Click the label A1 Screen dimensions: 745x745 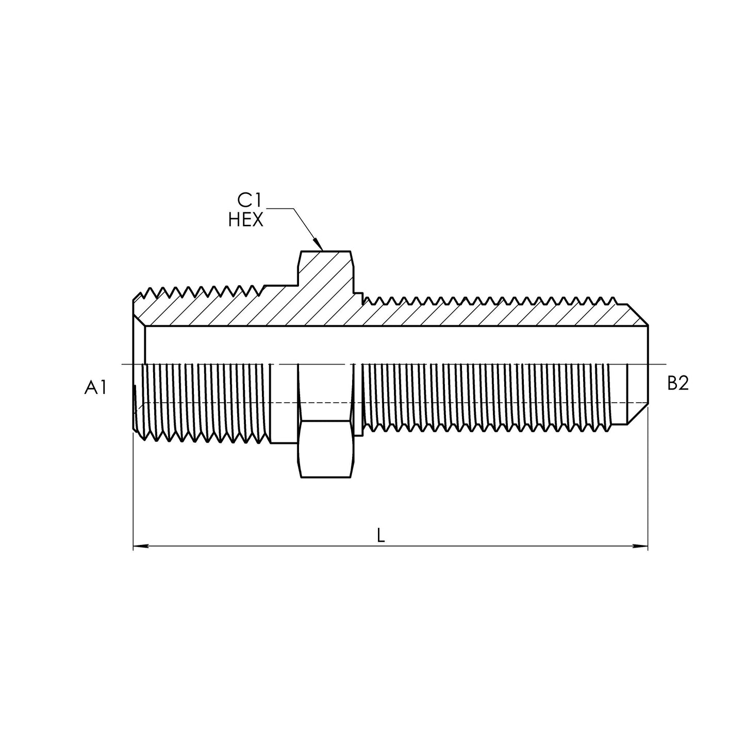click(x=95, y=387)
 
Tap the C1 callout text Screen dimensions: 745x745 click(x=250, y=200)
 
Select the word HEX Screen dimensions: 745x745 click(x=246, y=220)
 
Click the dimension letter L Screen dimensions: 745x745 click(x=380, y=536)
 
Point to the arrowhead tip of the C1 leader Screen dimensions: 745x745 click(x=321, y=250)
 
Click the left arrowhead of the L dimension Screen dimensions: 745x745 click(x=135, y=546)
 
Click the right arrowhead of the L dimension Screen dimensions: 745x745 click(x=646, y=546)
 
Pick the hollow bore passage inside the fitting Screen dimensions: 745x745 click(x=392, y=344)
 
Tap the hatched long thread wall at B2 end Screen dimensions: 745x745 click(x=490, y=314)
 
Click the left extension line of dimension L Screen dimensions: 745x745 click(x=134, y=490)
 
